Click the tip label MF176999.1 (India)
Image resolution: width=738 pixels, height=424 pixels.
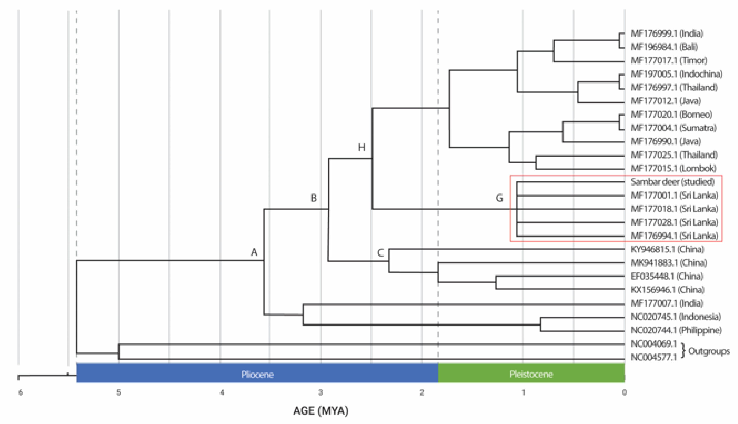coord(667,33)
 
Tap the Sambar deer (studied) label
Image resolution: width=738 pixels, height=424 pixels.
coord(672,182)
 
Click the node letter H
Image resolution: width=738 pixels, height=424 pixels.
coord(361,148)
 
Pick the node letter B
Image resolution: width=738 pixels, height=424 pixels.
coord(313,198)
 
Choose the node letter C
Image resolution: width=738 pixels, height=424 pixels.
coord(380,253)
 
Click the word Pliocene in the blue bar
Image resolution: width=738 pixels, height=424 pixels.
coord(257,374)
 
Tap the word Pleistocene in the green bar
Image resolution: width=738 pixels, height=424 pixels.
coord(531,374)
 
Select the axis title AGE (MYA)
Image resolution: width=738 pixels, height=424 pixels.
coord(321,411)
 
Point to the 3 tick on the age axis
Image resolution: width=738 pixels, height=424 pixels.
coord(320,393)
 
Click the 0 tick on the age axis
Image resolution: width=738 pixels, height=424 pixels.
coord(624,393)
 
